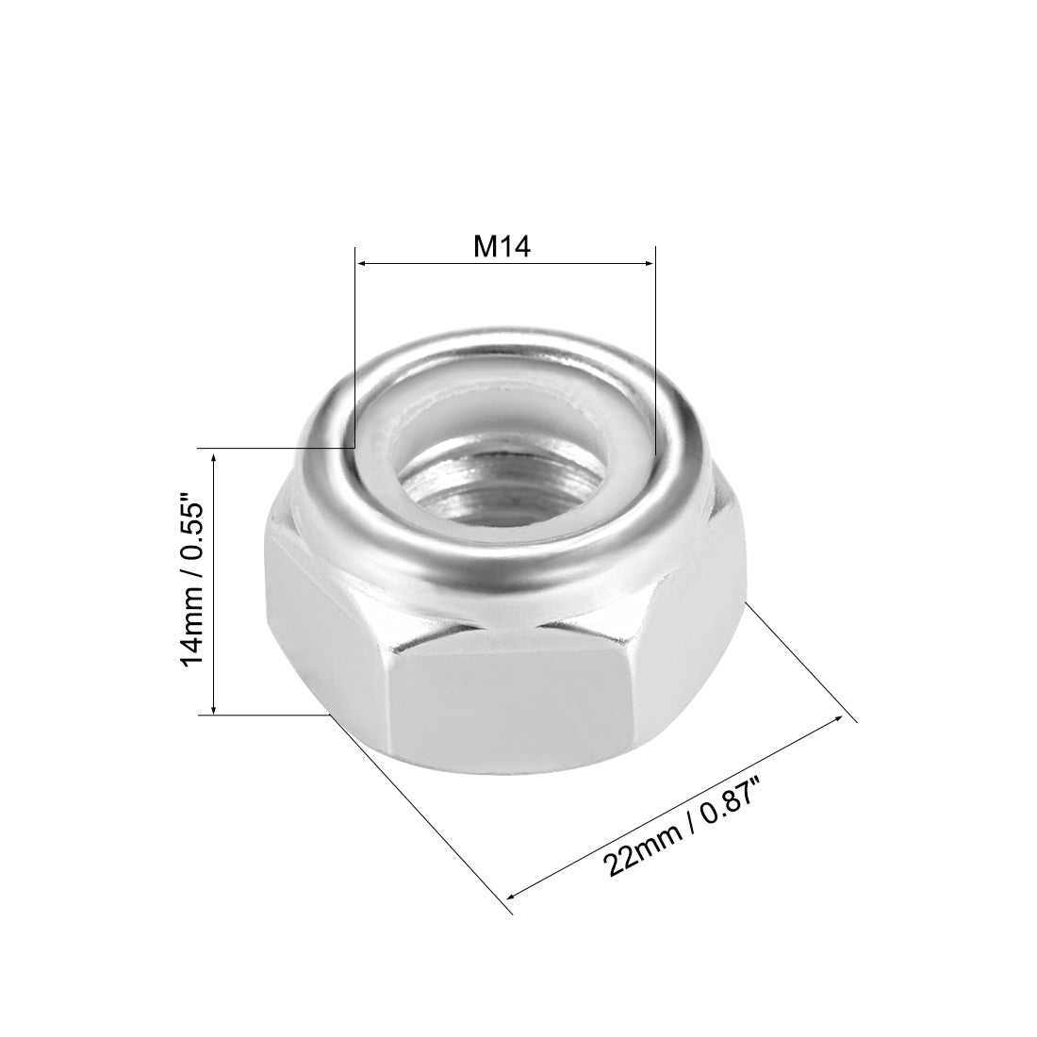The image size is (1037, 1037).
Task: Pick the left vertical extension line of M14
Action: [x=354, y=358]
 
